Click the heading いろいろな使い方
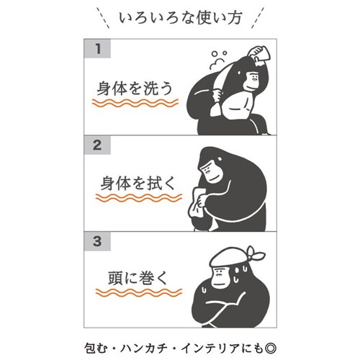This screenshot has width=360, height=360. (180, 18)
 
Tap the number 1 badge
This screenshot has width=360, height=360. (97, 48)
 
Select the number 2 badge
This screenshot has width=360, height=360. (97, 145)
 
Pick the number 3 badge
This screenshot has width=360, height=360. (97, 241)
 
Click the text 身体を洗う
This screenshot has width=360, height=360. (135, 88)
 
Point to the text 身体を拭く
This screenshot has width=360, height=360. (138, 184)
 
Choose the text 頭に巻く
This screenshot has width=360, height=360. (138, 278)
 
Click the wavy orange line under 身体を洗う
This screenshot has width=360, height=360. (135, 103)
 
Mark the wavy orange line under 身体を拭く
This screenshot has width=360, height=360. (139, 198)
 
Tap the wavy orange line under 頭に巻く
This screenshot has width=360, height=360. (139, 292)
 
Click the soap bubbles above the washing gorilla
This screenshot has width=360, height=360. (218, 60)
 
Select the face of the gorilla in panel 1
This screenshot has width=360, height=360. (251, 81)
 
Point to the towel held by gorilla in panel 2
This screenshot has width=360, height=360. (197, 202)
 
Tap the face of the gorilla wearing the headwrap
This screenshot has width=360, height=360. (219, 276)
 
